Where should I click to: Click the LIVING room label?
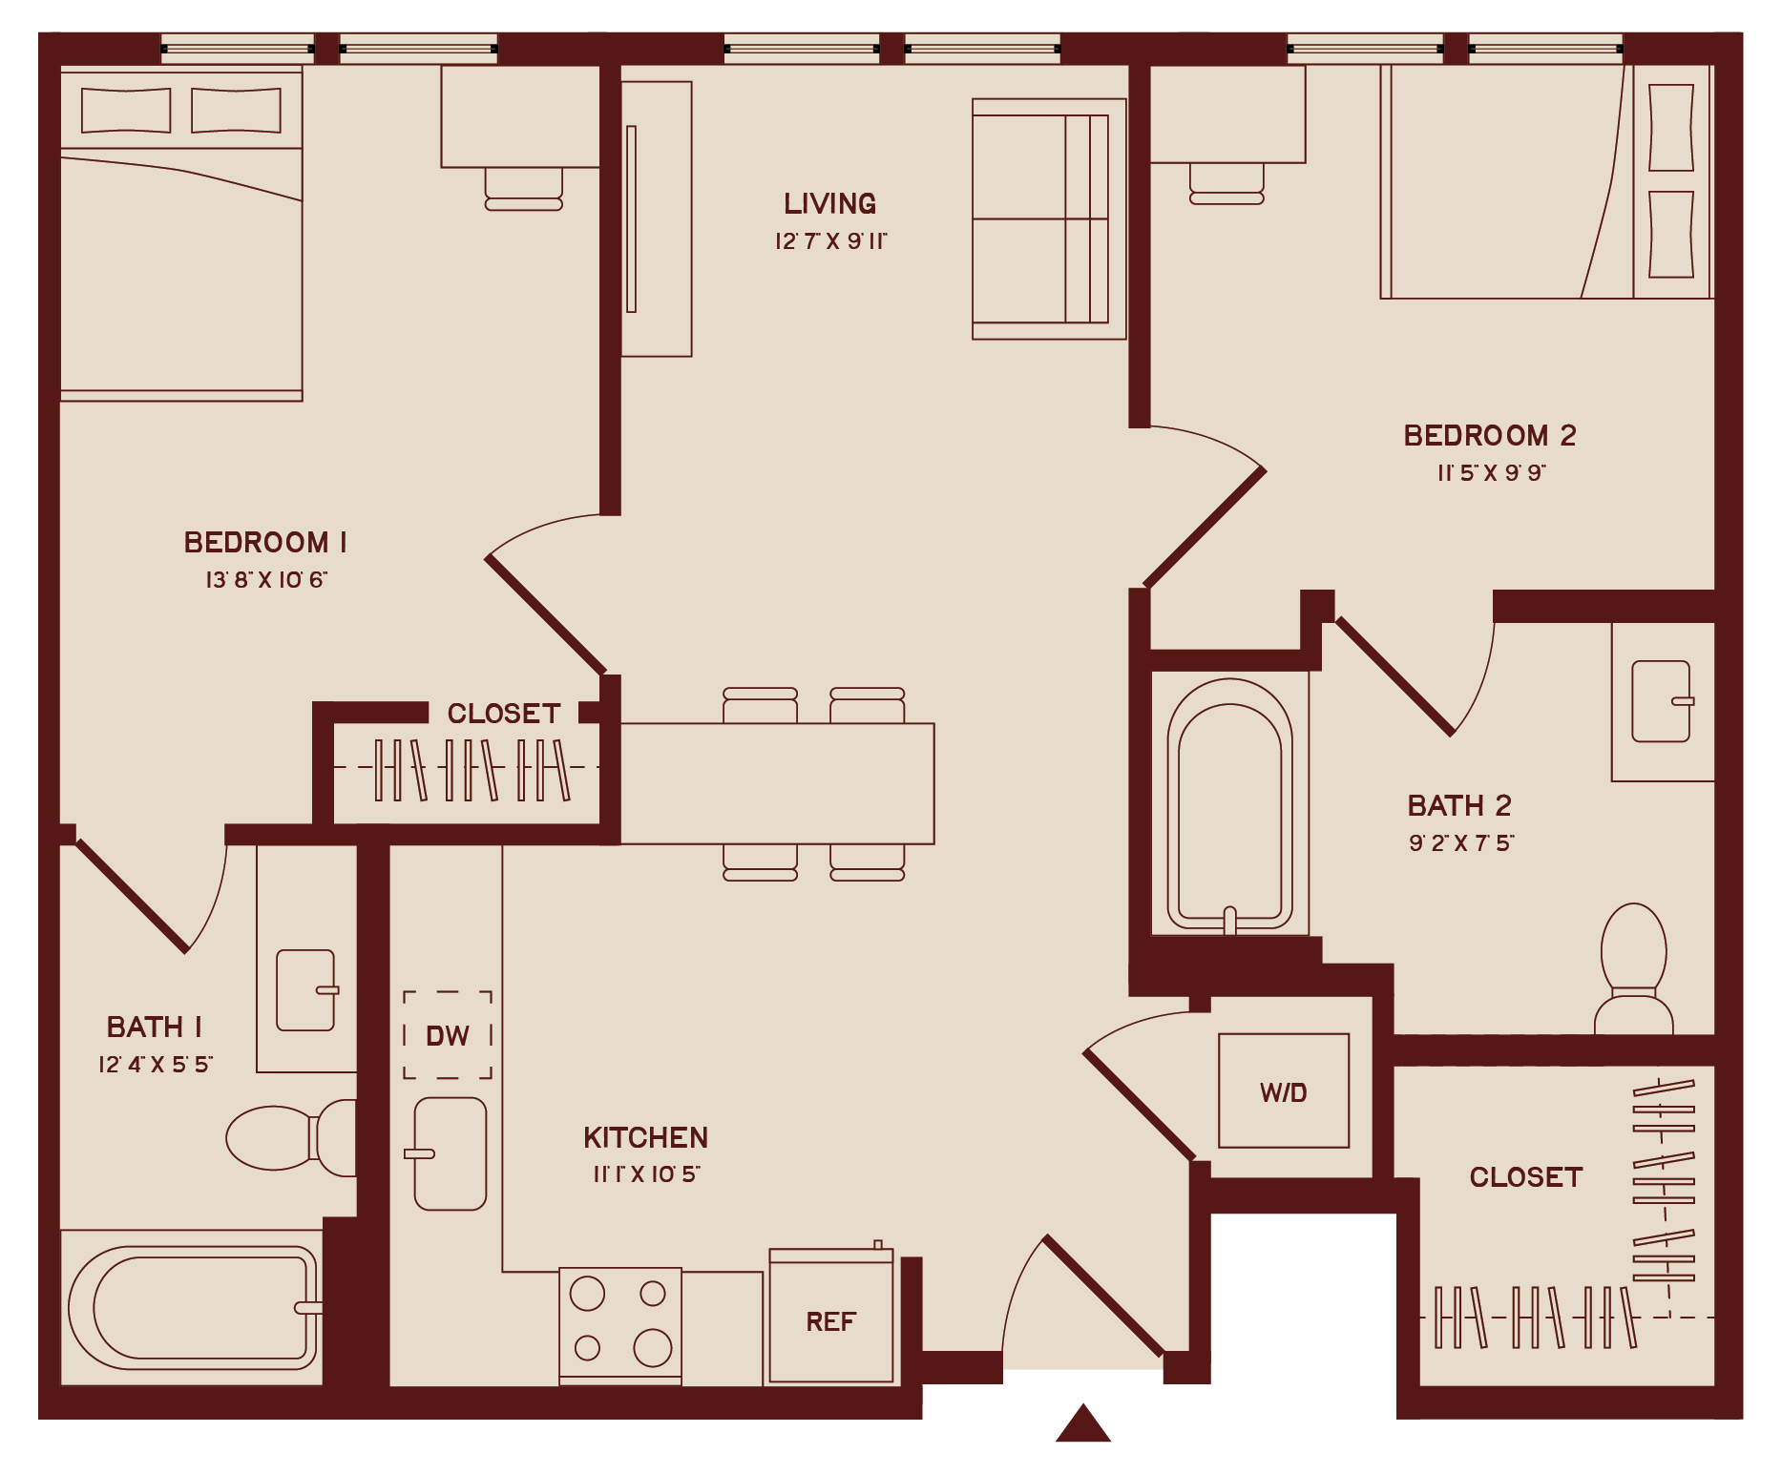(829, 203)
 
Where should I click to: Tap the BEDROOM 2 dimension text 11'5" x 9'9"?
(1491, 473)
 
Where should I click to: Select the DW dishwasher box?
(447, 1035)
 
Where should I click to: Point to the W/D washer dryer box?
(1284, 1091)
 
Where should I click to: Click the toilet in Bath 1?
(286, 1137)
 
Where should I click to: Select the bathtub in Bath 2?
(1229, 806)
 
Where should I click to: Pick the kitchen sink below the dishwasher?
(451, 1153)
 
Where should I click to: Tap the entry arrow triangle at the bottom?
(1082, 1424)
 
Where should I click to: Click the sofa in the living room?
(1048, 218)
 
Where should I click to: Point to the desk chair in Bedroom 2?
(1226, 184)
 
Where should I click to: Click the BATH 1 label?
(154, 1027)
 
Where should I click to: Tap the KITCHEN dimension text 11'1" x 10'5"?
(646, 1174)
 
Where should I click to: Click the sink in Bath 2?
(1661, 701)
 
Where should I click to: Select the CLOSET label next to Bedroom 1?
(503, 714)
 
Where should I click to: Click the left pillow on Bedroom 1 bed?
(126, 111)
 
